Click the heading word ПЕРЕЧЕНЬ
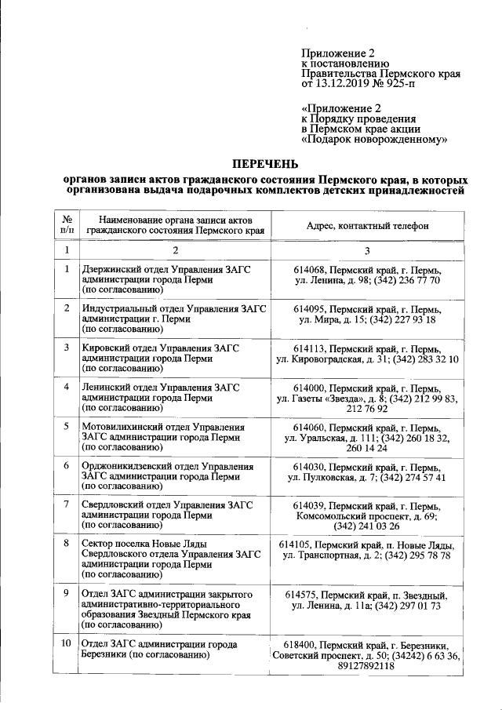coord(264,164)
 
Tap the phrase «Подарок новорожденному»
coord(374,139)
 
